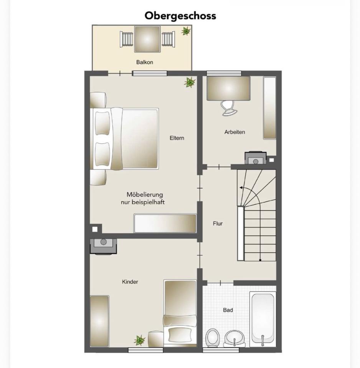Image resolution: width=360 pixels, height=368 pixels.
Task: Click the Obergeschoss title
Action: click(180, 16)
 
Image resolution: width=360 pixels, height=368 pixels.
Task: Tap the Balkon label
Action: click(145, 62)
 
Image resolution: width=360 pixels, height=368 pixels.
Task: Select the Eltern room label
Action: click(177, 138)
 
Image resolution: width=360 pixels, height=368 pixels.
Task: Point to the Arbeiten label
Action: click(234, 132)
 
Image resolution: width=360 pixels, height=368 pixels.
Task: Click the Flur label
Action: click(218, 223)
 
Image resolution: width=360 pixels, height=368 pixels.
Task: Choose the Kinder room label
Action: click(130, 282)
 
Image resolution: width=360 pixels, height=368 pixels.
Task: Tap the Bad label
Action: click(228, 310)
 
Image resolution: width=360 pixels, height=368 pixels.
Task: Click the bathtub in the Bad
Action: click(263, 319)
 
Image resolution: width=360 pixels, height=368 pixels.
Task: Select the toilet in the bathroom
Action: click(213, 338)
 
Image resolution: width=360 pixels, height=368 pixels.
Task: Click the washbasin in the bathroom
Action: click(234, 338)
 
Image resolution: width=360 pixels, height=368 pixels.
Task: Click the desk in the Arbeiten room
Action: click(228, 89)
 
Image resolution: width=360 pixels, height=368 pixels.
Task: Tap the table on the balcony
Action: click(147, 39)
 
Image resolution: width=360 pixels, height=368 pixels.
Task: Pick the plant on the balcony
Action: click(186, 31)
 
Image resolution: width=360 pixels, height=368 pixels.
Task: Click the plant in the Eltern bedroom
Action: click(190, 82)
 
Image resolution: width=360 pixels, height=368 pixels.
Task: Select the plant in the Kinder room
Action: click(140, 340)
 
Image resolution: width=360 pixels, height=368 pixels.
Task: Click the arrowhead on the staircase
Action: click(241, 188)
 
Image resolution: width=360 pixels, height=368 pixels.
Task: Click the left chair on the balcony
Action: click(126, 39)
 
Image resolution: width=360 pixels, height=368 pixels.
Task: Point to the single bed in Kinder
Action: click(180, 313)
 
